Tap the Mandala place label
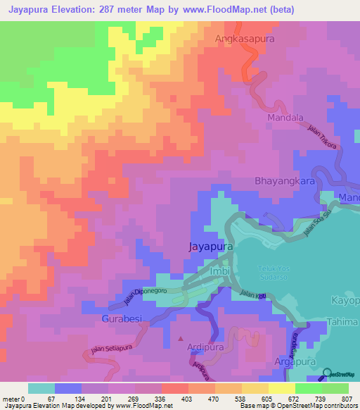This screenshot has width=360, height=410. coord(285,118)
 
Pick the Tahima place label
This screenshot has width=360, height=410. coord(343,323)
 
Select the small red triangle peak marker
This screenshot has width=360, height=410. coord(181,340)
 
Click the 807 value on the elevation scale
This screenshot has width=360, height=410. coord(347,399)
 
